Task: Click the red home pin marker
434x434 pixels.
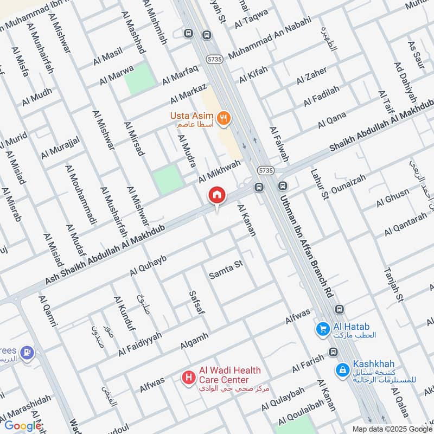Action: pyautogui.click(x=217, y=195)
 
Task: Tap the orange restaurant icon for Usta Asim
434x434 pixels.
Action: pyautogui.click(x=222, y=117)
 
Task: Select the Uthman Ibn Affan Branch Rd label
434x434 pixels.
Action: pyautogui.click(x=305, y=243)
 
